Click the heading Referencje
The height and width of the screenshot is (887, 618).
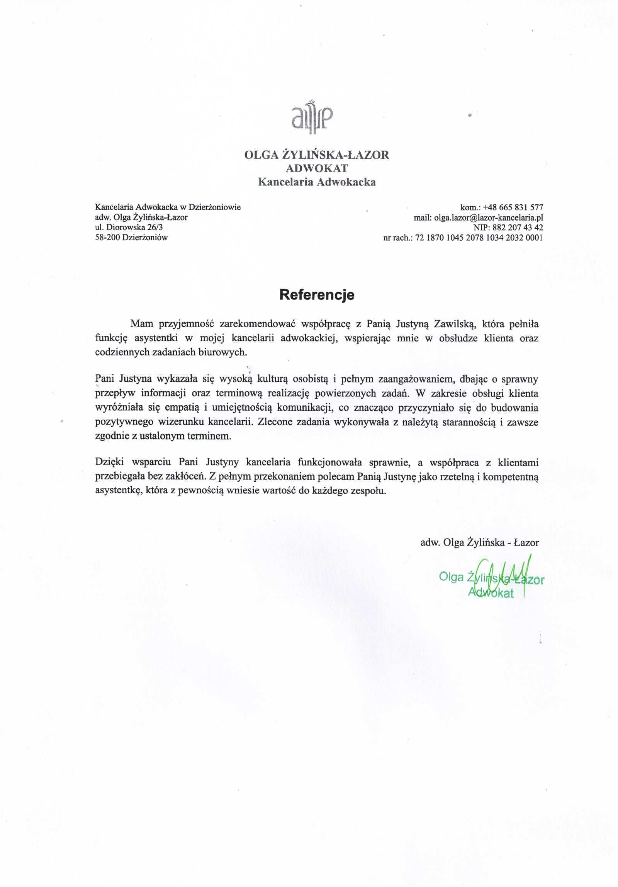[317, 295]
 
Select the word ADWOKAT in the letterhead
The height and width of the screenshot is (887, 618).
[317, 168]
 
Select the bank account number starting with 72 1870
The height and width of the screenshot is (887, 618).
[479, 238]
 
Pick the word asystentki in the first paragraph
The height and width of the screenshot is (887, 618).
[156, 338]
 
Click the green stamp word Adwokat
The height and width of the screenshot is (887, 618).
[491, 593]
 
